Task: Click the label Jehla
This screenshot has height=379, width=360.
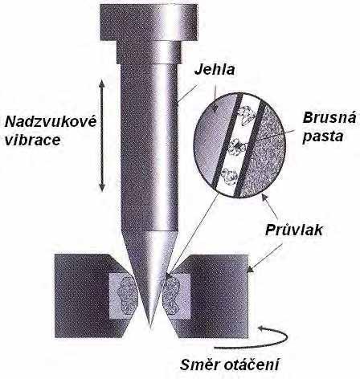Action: (x=215, y=69)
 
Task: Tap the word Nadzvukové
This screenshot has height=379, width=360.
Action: (x=51, y=122)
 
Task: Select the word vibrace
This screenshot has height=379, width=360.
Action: (x=33, y=141)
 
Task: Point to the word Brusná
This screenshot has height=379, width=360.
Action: (x=329, y=118)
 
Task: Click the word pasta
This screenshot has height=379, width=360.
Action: (x=323, y=137)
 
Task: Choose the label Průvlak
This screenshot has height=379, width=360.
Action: (x=294, y=230)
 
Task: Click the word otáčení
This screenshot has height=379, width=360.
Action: (x=251, y=365)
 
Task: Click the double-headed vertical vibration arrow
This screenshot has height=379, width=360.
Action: (x=101, y=136)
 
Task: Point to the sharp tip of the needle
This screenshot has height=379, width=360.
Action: (x=150, y=328)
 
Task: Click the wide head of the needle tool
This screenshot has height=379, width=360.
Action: (x=149, y=22)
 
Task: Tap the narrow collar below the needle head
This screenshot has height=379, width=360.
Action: (x=148, y=52)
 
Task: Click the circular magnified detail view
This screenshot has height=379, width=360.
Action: (x=239, y=145)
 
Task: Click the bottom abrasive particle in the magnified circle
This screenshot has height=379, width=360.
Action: (x=228, y=176)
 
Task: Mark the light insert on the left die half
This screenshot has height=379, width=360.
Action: (x=123, y=296)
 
